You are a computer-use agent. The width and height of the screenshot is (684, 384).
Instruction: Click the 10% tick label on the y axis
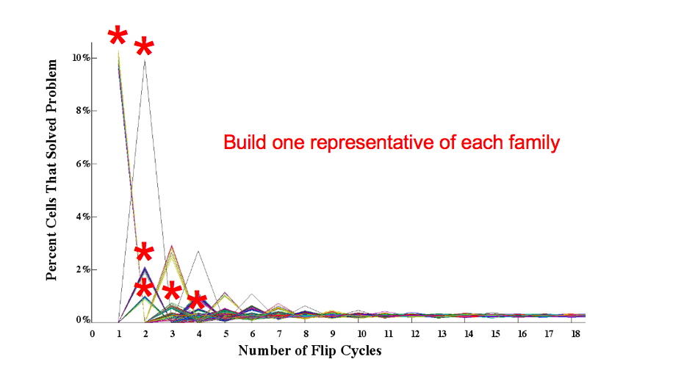(80, 58)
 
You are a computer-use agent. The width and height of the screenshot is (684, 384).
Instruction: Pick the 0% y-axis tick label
(82, 321)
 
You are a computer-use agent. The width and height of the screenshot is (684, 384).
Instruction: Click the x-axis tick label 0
(93, 334)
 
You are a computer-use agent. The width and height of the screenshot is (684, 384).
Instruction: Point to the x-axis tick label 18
(577, 334)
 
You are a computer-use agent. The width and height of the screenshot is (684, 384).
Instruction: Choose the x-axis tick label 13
(442, 334)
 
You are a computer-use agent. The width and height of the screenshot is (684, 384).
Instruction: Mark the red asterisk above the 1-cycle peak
(118, 37)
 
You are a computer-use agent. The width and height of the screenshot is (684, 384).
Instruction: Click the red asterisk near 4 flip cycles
(197, 300)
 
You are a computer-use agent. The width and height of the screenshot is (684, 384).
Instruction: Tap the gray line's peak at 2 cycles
(145, 61)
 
